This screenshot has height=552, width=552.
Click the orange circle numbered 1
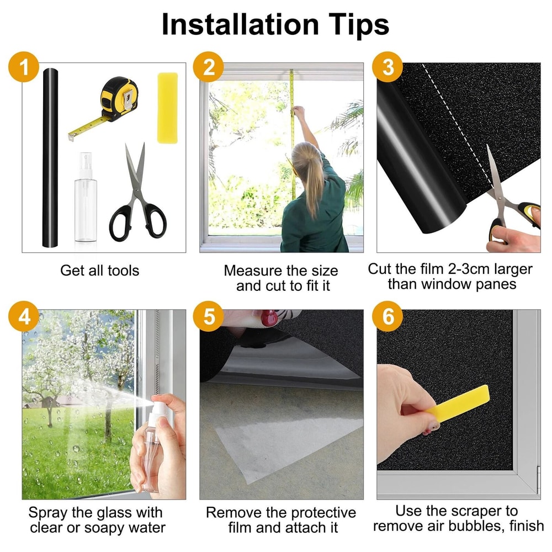click(x=24, y=67)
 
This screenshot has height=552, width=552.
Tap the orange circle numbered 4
click(x=24, y=316)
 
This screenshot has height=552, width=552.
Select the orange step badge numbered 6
click(x=388, y=316)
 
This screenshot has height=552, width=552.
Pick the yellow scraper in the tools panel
click(x=167, y=108)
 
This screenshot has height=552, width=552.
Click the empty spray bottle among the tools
click(x=86, y=197)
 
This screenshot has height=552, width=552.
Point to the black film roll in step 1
click(x=50, y=158)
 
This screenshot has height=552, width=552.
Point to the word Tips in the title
click(x=359, y=25)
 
